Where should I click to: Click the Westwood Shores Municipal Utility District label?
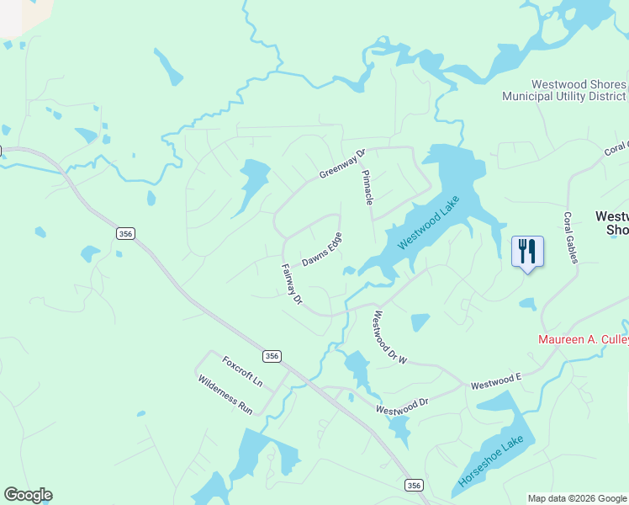[563, 91]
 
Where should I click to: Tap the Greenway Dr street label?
[343, 164]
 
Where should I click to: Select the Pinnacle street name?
[367, 187]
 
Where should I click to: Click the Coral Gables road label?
[570, 237]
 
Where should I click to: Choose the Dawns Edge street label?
[322, 249]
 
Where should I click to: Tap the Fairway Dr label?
[292, 284]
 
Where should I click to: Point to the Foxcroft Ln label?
[242, 371]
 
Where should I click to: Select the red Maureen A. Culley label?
[583, 340]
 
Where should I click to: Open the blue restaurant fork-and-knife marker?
[527, 252]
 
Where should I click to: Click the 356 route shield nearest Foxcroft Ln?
[271, 356]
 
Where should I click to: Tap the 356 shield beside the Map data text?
[413, 485]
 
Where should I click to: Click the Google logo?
[28, 495]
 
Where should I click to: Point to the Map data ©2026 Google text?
[576, 498]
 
